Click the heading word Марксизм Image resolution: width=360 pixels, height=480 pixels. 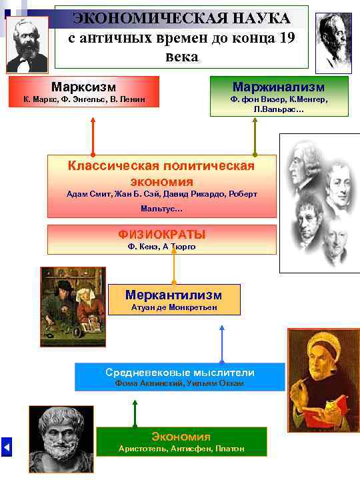(x=83, y=87)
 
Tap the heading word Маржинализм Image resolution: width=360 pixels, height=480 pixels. (x=279, y=87)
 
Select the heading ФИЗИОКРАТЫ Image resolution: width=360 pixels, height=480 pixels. (x=161, y=234)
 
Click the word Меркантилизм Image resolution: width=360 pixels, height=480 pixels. (x=173, y=295)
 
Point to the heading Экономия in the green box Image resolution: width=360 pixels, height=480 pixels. (x=181, y=437)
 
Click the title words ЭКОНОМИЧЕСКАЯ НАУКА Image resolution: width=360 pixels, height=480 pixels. (x=181, y=18)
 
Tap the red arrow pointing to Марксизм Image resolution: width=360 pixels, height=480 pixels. (x=93, y=137)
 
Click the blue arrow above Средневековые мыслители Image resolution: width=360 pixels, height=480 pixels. (x=221, y=343)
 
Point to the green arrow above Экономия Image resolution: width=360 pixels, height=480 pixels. (x=135, y=413)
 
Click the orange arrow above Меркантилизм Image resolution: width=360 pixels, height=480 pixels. (x=174, y=269)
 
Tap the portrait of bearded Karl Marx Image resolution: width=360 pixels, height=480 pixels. (x=27, y=45)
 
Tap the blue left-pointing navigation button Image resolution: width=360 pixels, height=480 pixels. (x=7, y=446)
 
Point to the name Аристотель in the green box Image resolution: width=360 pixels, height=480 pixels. (x=139, y=449)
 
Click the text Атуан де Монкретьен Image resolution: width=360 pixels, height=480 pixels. (x=173, y=308)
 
